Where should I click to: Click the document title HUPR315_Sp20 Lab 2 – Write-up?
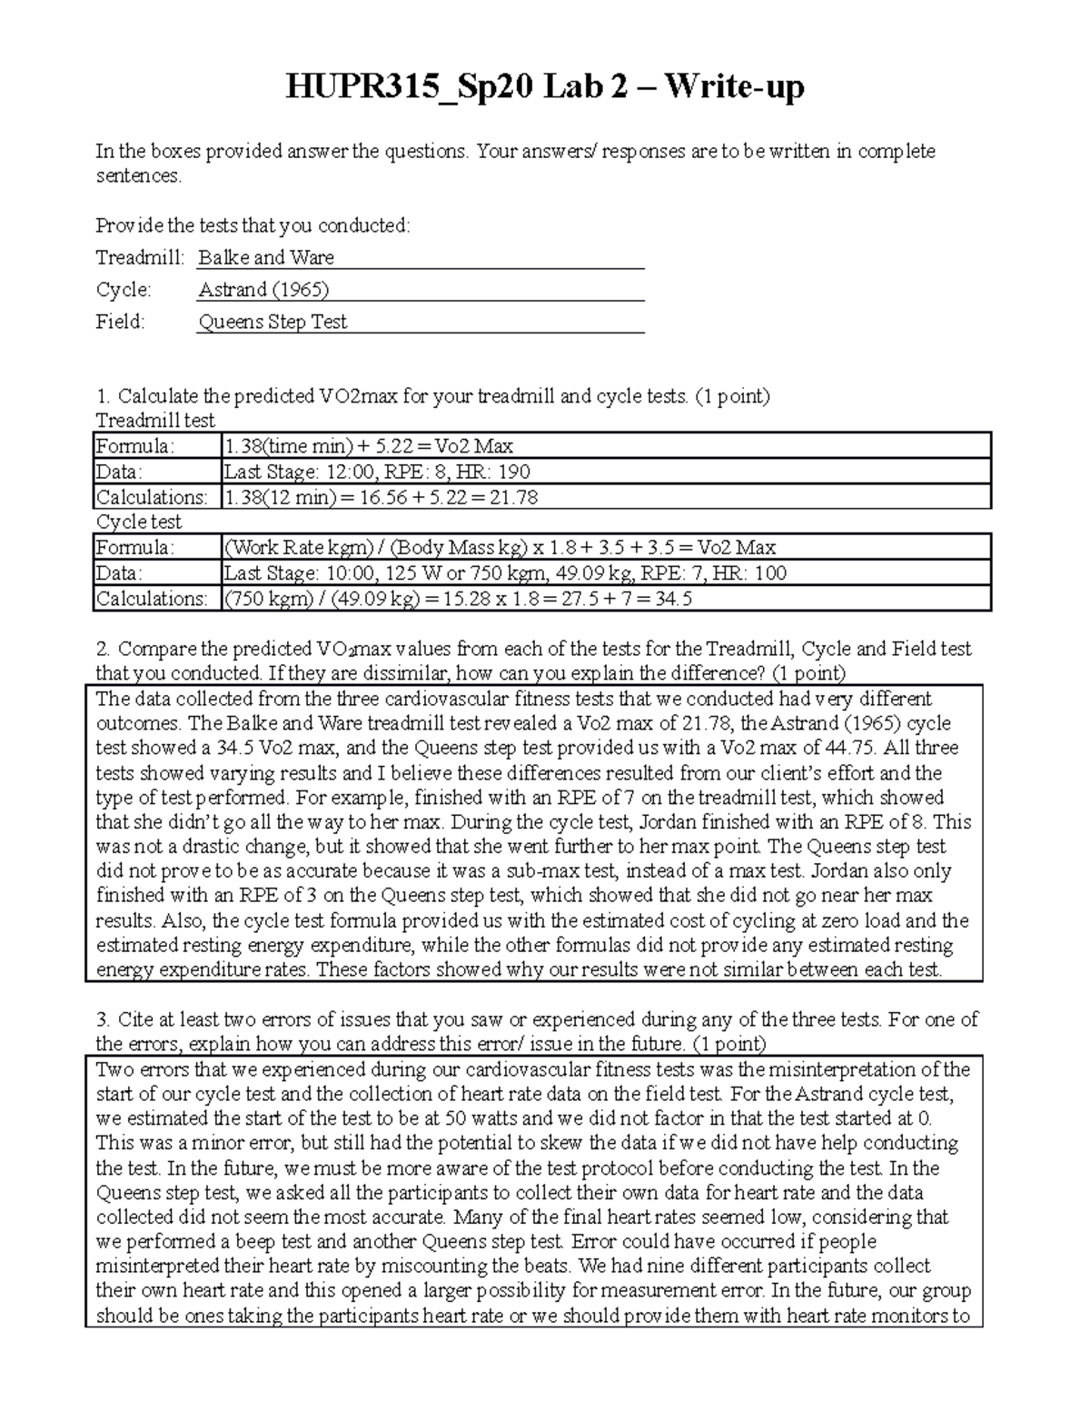[x=545, y=87]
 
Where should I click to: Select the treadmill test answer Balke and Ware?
[x=266, y=257]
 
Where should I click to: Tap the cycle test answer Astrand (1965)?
[x=263, y=290]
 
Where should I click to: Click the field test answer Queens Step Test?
[x=272, y=322]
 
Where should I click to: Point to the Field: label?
[x=121, y=322]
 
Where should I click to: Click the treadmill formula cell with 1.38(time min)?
[x=369, y=446]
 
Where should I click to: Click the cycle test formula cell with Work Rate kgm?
[x=500, y=548]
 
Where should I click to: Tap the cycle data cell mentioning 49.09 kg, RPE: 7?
[x=505, y=573]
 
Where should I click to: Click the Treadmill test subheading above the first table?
[x=155, y=421]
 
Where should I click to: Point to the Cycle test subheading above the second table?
[x=139, y=522]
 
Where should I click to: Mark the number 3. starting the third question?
[x=103, y=1019]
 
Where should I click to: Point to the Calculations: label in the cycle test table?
[x=152, y=599]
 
